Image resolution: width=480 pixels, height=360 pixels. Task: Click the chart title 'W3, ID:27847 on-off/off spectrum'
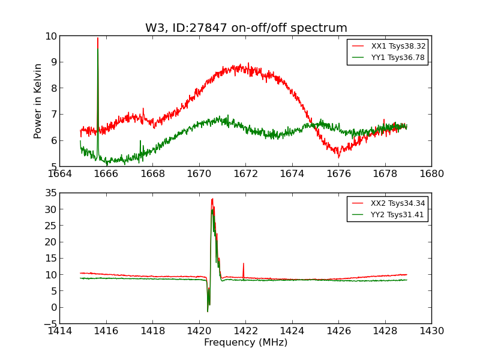(x=246, y=28)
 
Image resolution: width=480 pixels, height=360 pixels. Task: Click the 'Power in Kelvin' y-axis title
(x=38, y=101)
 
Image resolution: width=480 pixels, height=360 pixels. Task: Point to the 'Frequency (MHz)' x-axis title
(x=245, y=343)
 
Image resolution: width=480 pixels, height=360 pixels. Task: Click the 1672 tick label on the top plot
(x=245, y=174)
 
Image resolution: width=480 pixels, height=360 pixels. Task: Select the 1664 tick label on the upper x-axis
(x=59, y=174)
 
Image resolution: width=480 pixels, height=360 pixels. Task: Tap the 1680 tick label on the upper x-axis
(x=431, y=174)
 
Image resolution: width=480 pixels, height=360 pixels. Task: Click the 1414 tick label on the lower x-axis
(x=59, y=331)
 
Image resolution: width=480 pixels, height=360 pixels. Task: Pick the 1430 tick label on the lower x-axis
(x=431, y=331)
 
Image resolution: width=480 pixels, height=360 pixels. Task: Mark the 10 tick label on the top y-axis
(x=50, y=36)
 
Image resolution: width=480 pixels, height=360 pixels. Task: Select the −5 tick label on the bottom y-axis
(x=47, y=323)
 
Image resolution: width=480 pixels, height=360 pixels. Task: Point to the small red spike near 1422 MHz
(x=243, y=264)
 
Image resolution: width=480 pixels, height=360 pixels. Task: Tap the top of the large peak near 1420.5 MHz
(x=212, y=199)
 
